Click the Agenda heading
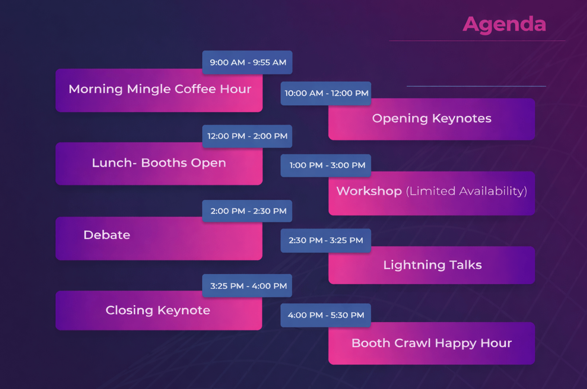tap(504, 25)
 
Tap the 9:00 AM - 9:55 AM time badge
tap(247, 62)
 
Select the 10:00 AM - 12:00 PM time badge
tap(326, 93)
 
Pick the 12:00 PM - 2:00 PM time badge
tap(247, 136)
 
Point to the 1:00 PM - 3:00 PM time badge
tap(326, 166)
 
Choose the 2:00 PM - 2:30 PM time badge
tap(247, 211)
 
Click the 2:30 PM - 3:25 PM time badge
tap(326, 240)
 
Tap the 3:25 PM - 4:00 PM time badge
tap(247, 286)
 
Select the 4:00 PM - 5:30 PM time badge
tap(326, 315)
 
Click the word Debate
tap(107, 235)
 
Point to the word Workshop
tap(369, 191)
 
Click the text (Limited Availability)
tap(466, 191)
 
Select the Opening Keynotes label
tap(432, 119)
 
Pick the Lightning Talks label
tap(433, 265)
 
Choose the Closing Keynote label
tap(158, 310)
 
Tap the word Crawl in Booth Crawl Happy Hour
tap(413, 343)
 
